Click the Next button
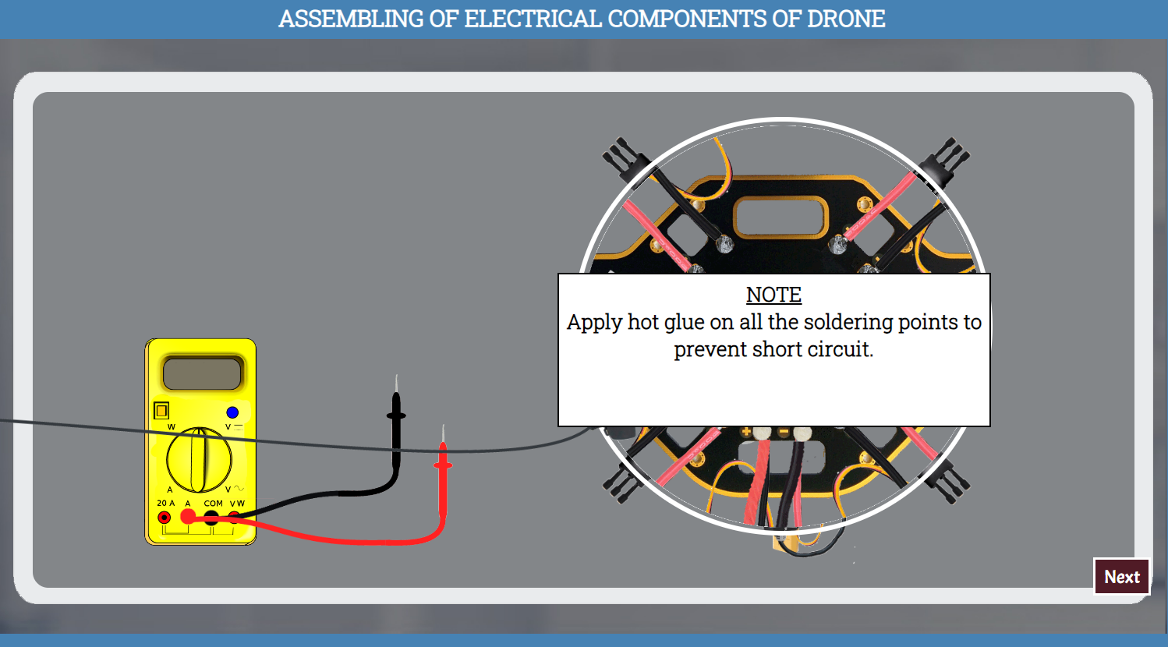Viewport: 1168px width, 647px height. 1121,577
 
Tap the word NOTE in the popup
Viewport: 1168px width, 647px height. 773,295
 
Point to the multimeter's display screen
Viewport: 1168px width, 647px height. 202,373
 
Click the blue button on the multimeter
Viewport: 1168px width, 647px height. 232,412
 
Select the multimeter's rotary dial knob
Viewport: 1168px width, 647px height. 200,460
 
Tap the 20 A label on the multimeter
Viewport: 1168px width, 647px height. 165,504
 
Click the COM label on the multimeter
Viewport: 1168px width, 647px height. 213,504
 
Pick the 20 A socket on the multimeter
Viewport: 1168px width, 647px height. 165,518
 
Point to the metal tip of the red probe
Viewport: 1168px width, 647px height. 443,433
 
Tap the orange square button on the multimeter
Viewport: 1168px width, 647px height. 161,410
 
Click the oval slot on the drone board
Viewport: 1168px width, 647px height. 780,216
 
